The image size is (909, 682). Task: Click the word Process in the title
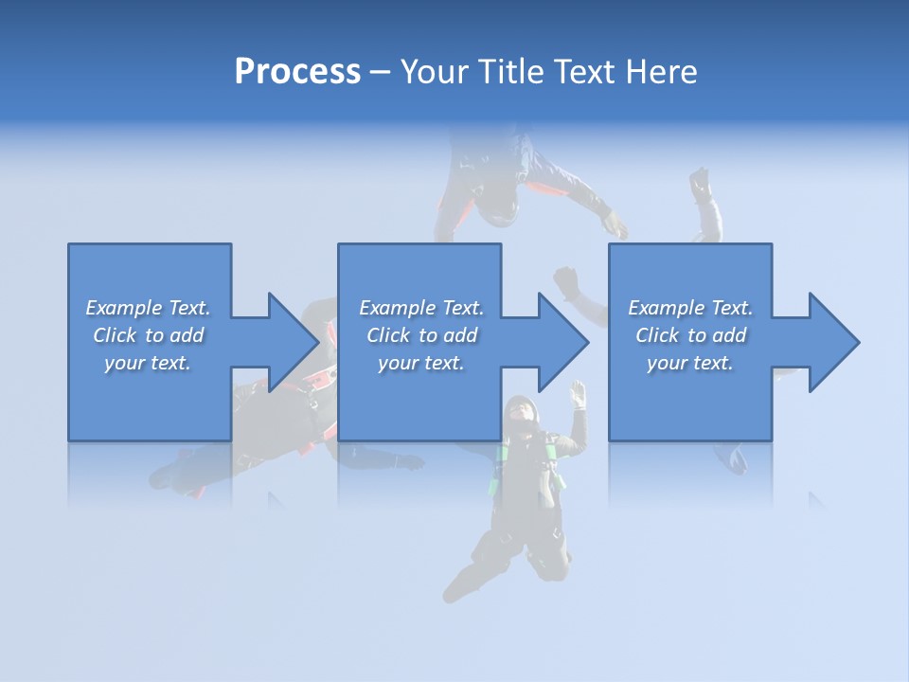[297, 72]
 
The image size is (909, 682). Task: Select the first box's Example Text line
[148, 308]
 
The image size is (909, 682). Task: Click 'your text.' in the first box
[148, 363]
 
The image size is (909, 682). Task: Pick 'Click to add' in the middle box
[421, 335]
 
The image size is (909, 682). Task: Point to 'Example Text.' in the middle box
[421, 308]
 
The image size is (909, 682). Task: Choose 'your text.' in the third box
[690, 363]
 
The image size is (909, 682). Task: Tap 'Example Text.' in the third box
[690, 308]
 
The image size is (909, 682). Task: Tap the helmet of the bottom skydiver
[520, 412]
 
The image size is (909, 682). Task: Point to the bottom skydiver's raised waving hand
[578, 393]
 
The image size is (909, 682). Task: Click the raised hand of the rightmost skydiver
[701, 183]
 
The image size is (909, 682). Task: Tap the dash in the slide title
[381, 72]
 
